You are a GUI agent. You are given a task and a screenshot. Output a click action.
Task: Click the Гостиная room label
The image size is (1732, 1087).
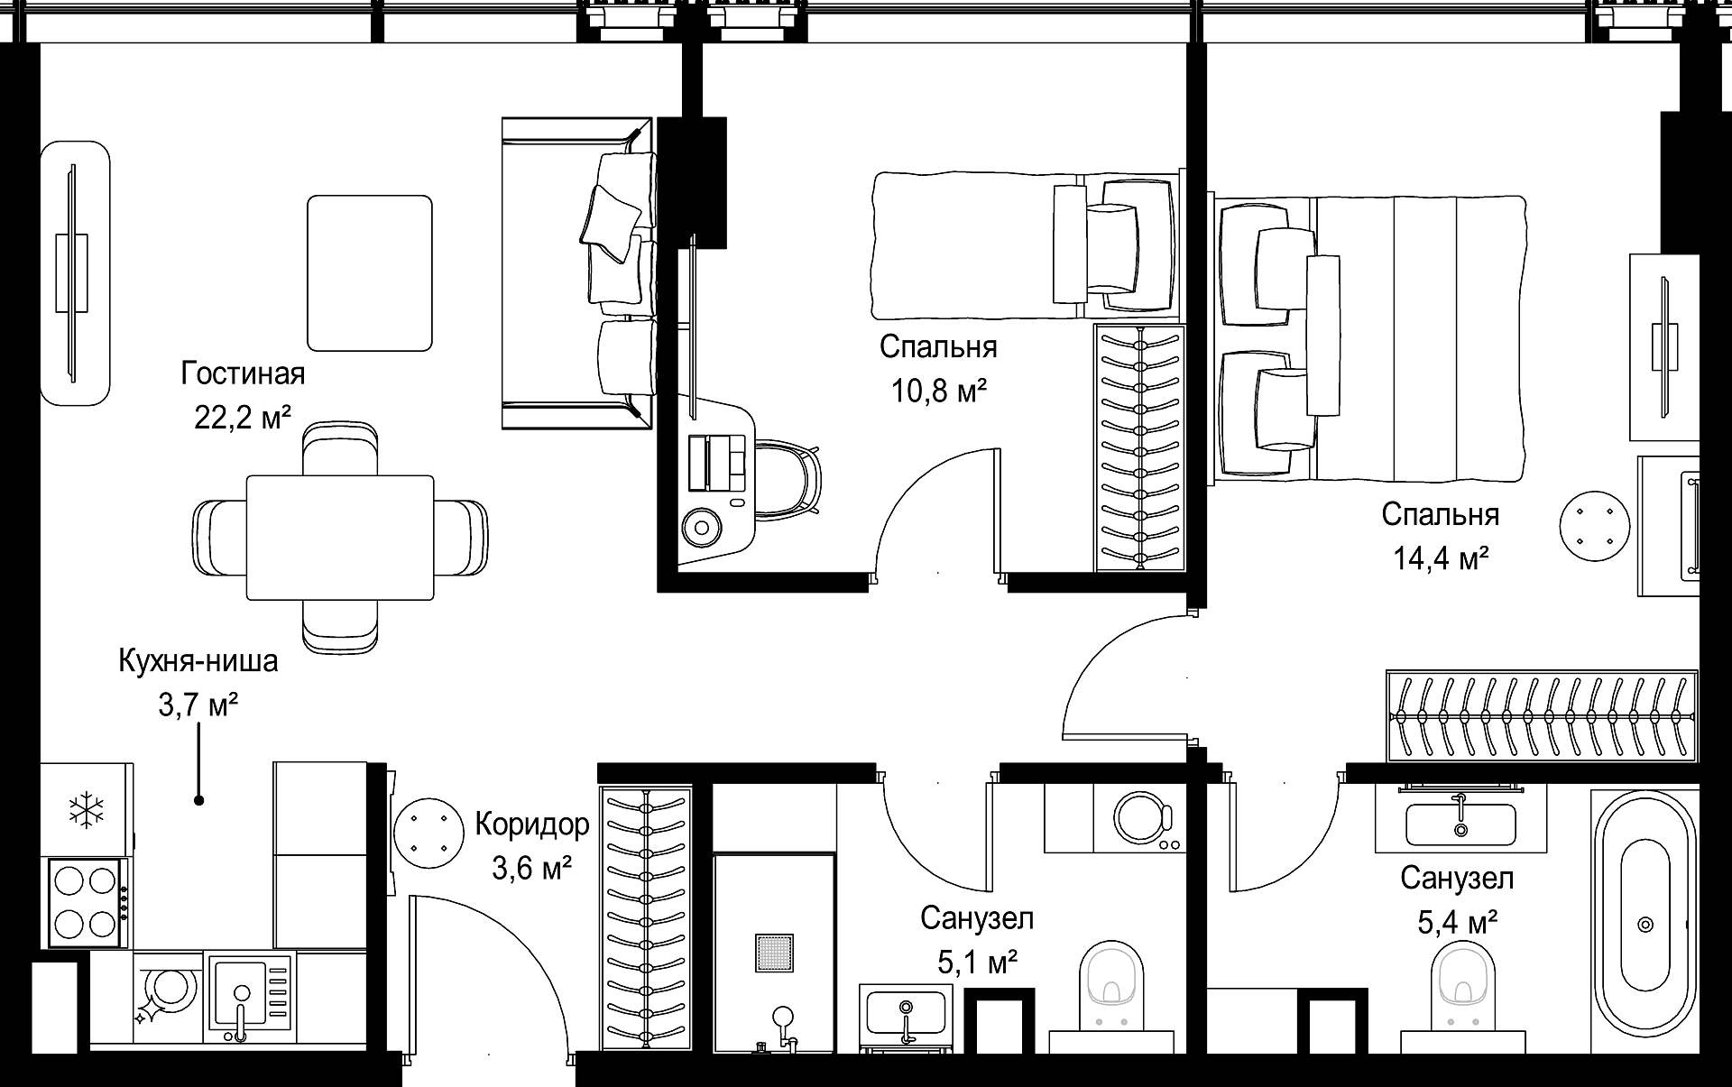(243, 373)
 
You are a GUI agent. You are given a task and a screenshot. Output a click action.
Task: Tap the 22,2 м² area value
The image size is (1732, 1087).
(243, 417)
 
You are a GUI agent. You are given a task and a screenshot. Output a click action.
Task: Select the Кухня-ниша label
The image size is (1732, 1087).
(198, 661)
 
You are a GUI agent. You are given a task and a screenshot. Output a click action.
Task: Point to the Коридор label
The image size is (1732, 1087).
(532, 824)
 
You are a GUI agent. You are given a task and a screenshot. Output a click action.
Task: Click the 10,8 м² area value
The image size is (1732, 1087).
(939, 391)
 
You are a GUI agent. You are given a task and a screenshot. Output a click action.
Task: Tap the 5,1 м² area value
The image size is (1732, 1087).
(978, 963)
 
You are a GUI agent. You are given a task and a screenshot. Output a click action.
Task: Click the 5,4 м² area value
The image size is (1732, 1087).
(1458, 922)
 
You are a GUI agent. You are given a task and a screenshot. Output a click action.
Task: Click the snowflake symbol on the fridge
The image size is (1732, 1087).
(87, 809)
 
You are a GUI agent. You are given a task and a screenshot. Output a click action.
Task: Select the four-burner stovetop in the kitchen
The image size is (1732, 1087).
(87, 901)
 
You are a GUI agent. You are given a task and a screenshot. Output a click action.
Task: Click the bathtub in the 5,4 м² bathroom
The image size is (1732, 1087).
(1644, 924)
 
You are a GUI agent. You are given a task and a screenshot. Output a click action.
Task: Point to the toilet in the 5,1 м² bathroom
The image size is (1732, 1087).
(1110, 996)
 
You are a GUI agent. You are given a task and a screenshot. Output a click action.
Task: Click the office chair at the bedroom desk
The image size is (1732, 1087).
(788, 479)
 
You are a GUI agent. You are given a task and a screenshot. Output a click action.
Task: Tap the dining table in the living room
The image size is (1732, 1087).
(340, 538)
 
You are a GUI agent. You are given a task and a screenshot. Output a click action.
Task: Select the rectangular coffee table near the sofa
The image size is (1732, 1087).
(369, 273)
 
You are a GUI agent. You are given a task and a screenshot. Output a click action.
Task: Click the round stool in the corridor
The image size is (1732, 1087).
(429, 833)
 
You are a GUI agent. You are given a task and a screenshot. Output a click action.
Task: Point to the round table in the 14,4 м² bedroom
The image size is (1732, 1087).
(1596, 526)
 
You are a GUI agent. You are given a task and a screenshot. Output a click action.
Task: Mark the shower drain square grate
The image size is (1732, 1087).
(775, 953)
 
